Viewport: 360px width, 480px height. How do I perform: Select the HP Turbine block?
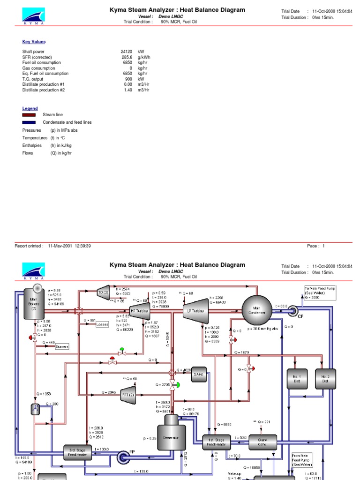click(x=140, y=310)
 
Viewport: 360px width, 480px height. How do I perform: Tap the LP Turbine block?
click(x=195, y=310)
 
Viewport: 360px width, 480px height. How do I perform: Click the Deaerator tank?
click(x=171, y=437)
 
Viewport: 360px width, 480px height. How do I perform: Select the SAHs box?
click(x=199, y=374)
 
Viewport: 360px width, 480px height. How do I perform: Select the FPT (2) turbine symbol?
click(x=128, y=393)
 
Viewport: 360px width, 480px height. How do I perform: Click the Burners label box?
click(x=61, y=346)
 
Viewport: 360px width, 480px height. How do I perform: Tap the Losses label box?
click(x=102, y=324)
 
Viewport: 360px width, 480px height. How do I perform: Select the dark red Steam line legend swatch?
click(x=29, y=115)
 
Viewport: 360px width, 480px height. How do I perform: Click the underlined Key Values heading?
click(x=34, y=42)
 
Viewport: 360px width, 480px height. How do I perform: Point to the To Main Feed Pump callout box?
click(x=320, y=292)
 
